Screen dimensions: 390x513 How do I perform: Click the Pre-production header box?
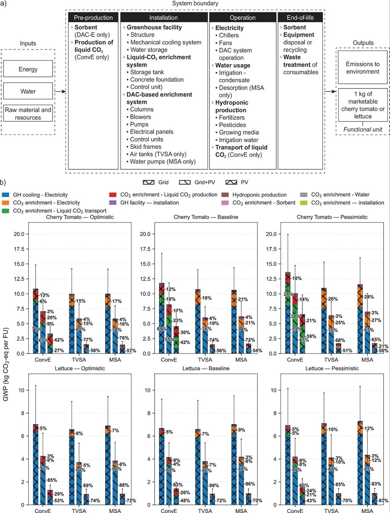pyautogui.click(x=93, y=18)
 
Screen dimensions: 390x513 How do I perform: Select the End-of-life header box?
pyautogui.click(x=300, y=18)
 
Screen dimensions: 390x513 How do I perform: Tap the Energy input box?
pyautogui.click(x=28, y=69)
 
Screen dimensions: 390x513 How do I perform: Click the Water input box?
pyautogui.click(x=28, y=91)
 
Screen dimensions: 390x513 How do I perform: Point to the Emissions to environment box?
pyautogui.click(x=363, y=68)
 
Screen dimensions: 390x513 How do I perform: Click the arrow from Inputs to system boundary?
pyautogui.click(x=60, y=91)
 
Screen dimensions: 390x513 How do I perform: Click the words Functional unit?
pyautogui.click(x=363, y=130)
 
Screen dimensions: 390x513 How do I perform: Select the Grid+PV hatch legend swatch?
pyautogui.click(x=185, y=182)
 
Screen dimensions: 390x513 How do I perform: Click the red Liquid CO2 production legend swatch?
pyautogui.click(x=113, y=195)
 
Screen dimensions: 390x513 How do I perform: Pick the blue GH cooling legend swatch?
pyautogui.click(x=6, y=195)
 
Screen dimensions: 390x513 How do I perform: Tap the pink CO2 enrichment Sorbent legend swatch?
pyautogui.click(x=225, y=203)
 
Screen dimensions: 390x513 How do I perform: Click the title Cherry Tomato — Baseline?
pyautogui.click(x=206, y=217)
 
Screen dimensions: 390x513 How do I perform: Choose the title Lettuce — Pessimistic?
pyautogui.click(x=332, y=369)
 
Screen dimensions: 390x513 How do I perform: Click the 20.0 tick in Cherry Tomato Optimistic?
pyautogui.click(x=19, y=234)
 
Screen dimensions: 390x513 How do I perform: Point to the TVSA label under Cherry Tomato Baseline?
pyautogui.click(x=205, y=360)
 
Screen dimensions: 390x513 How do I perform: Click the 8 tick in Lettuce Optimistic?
pyautogui.click(x=23, y=413)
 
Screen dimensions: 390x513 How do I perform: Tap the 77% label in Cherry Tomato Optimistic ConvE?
pyautogui.click(x=37, y=329)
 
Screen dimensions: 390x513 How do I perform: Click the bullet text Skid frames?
pyautogui.click(x=145, y=147)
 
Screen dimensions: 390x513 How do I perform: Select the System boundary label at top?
pyautogui.click(x=195, y=3)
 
